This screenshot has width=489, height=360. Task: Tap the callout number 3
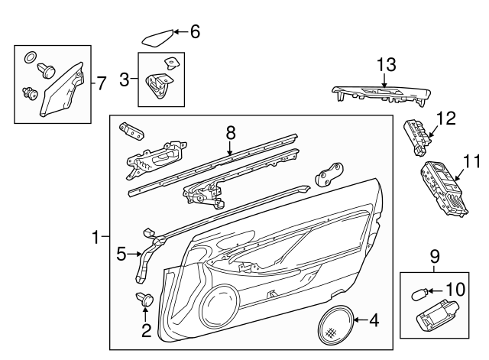pos(124,78)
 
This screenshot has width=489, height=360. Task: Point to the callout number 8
pos(230,132)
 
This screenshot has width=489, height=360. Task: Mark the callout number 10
pos(455,290)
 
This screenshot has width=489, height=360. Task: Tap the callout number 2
pos(144,330)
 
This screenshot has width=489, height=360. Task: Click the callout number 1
pos(96,238)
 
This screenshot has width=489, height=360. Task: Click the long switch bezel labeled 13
pos(380,96)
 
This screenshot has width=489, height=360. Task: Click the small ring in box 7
pos(31,57)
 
